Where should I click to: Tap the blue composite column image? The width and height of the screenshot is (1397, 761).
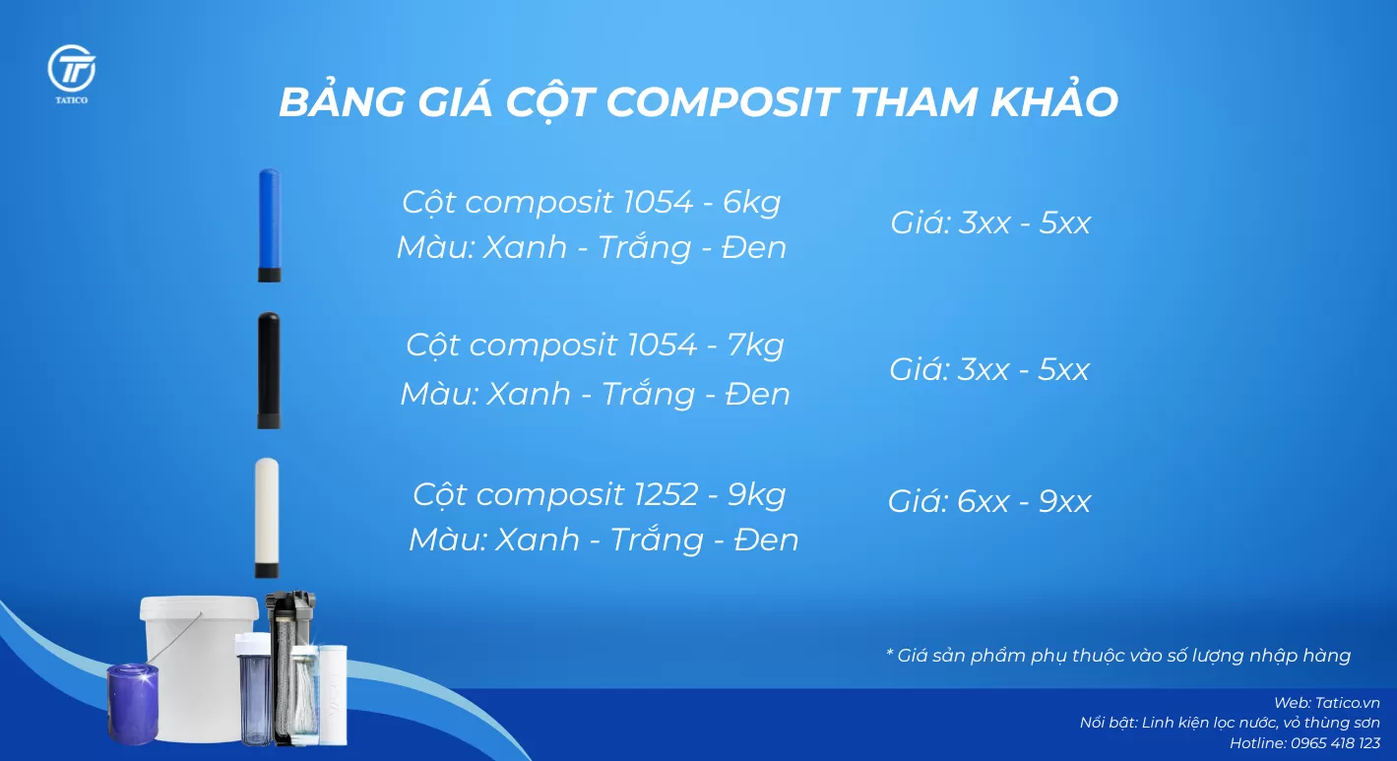coord(269,224)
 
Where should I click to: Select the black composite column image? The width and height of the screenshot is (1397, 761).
coord(269,370)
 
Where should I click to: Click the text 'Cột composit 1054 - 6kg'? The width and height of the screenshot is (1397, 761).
coord(591,202)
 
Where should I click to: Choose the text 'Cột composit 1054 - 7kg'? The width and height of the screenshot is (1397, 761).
coord(595,346)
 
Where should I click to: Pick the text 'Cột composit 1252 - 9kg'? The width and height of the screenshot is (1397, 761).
coord(599,493)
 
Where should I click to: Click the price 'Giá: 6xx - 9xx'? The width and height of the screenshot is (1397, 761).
coord(989,502)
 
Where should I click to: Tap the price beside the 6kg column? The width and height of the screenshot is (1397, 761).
coord(990,222)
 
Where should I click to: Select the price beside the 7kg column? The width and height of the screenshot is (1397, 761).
coord(989,370)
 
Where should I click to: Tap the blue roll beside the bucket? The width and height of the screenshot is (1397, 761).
coord(133,703)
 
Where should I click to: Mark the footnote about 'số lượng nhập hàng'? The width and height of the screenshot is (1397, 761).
coord(1117,656)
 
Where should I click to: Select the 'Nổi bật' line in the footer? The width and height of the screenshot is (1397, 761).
coord(1229,723)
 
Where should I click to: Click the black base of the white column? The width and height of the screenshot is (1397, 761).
coord(266,570)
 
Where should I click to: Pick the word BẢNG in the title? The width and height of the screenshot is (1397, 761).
coord(343,102)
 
